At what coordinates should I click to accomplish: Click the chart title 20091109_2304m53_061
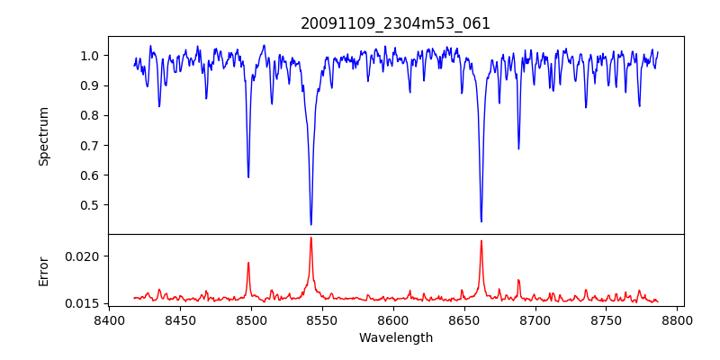(396, 23)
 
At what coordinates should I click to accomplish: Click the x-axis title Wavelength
(396, 337)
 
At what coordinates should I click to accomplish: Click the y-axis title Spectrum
(44, 136)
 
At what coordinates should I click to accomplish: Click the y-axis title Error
(44, 270)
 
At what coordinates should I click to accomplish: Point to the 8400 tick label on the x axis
(109, 320)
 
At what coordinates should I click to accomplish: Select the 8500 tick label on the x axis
(251, 320)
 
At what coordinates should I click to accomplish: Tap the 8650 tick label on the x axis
(464, 320)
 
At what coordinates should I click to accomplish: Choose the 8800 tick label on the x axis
(678, 320)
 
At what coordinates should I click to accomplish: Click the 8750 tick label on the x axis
(607, 320)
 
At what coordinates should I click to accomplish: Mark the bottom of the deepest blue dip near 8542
(310, 224)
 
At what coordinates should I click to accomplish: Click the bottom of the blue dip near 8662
(481, 221)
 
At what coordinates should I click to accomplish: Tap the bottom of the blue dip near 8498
(248, 177)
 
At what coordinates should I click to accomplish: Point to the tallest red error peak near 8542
(310, 238)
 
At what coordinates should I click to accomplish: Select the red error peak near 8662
(481, 240)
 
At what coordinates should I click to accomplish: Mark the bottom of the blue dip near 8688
(518, 148)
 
